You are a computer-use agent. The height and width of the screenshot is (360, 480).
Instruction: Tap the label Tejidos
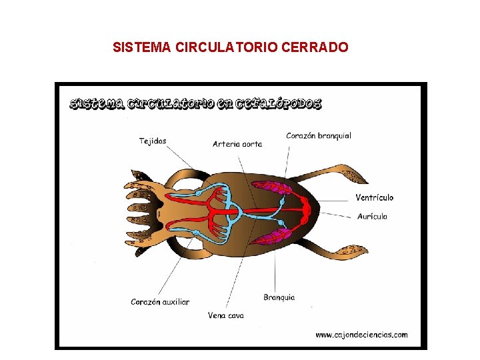tap(153, 141)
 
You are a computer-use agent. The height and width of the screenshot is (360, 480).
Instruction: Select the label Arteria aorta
tap(237, 143)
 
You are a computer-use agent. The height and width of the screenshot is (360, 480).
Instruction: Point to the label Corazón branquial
tap(319, 136)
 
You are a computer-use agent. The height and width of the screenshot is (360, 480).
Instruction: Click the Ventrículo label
tap(374, 197)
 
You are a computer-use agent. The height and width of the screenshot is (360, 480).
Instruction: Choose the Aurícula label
tap(372, 216)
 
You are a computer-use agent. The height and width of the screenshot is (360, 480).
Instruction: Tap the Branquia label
tap(279, 297)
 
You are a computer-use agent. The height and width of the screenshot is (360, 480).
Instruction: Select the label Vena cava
tap(226, 315)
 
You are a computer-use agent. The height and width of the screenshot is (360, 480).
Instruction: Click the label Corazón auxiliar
tap(160, 301)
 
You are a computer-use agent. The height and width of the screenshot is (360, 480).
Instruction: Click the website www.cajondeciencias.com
tap(361, 335)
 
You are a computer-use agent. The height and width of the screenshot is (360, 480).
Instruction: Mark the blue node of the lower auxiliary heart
tap(197, 232)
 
